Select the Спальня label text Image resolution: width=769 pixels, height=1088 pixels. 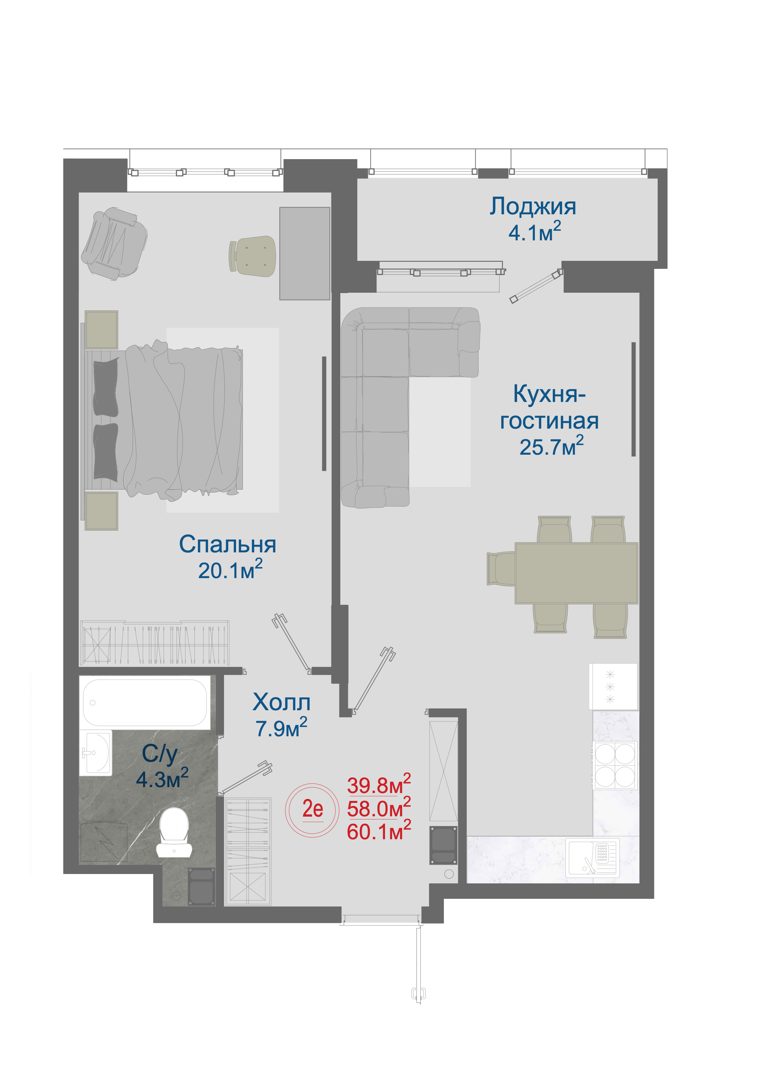coord(227,545)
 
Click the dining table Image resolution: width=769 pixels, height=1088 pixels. coord(576,573)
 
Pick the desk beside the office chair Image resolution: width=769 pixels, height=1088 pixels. coord(305,253)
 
